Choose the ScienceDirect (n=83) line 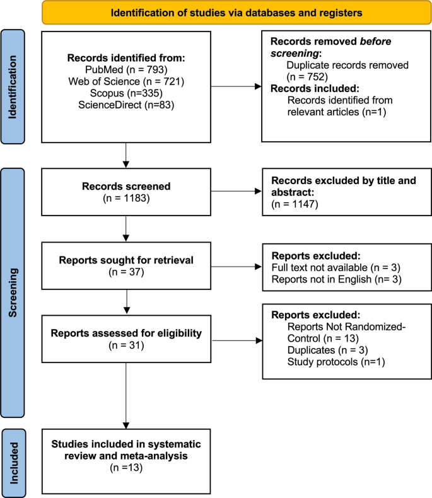(127, 106)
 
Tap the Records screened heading (127, 186)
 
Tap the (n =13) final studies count (127, 468)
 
